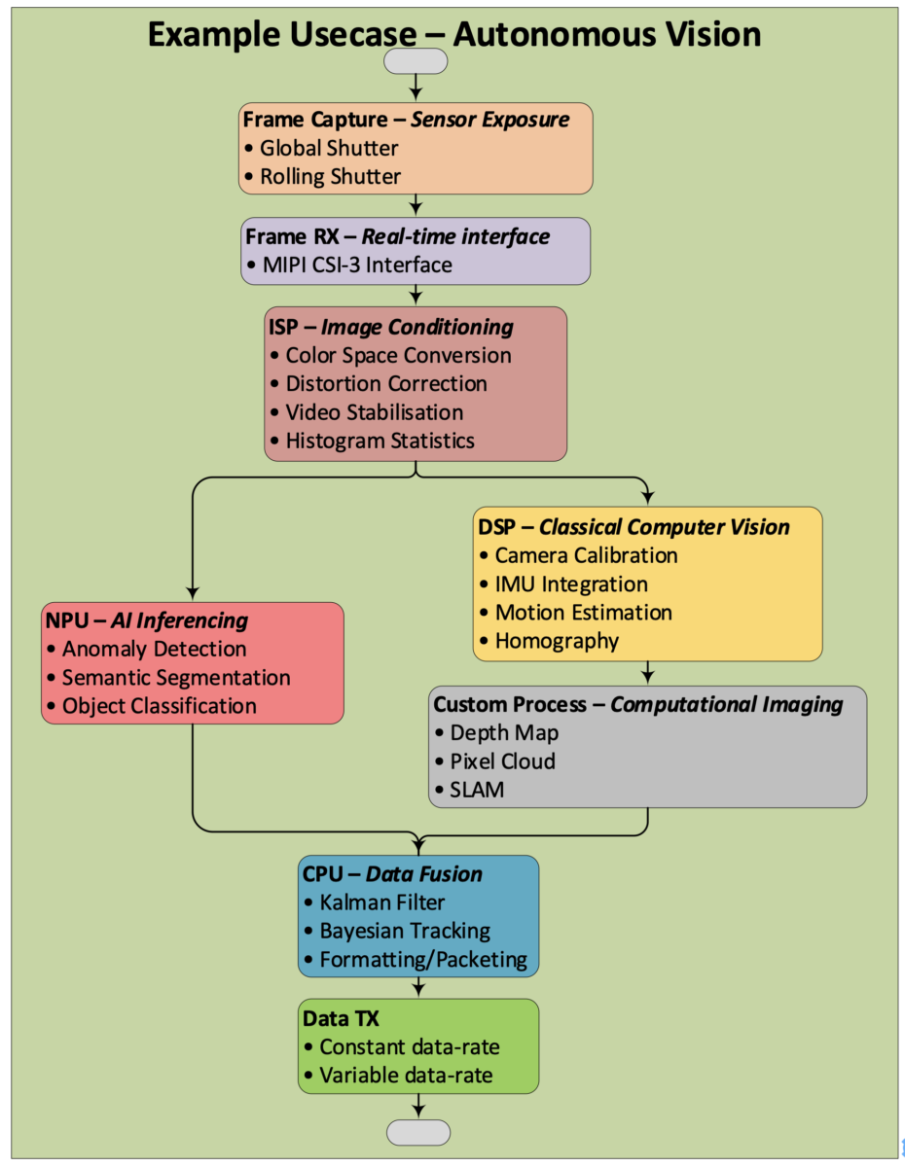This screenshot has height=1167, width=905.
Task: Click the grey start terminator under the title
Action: click(416, 61)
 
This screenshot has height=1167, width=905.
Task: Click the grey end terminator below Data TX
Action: click(418, 1132)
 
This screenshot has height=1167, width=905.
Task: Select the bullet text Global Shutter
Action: click(329, 149)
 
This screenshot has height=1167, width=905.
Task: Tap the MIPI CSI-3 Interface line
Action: click(356, 265)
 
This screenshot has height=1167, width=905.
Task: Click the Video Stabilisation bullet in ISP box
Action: click(374, 412)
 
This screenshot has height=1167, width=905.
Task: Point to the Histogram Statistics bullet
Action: click(380, 441)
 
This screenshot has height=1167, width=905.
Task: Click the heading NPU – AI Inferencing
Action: click(147, 620)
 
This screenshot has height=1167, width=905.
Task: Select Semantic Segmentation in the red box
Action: click(175, 678)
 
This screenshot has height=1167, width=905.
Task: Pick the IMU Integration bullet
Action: click(570, 584)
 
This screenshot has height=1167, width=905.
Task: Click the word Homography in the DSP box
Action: click(557, 641)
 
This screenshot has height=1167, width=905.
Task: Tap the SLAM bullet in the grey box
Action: click(477, 790)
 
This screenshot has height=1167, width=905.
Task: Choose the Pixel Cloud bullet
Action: click(502, 761)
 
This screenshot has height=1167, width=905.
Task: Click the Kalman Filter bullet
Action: click(381, 902)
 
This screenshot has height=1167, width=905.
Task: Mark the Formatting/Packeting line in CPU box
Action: click(422, 960)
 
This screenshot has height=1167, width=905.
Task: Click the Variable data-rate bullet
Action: click(405, 1076)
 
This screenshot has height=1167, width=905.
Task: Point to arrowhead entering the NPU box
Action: click(193, 593)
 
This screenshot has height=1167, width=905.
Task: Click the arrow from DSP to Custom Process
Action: click(648, 673)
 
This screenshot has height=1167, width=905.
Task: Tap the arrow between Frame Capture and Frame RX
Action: click(416, 205)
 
